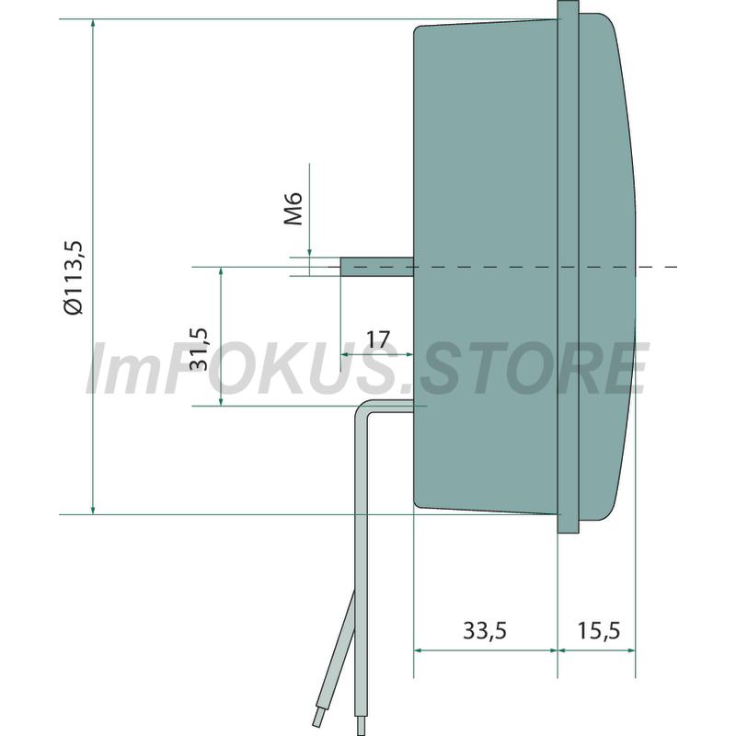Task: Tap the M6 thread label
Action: (x=293, y=209)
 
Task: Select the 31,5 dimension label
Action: (x=199, y=350)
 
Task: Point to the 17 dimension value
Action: (x=378, y=339)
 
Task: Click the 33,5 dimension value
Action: (x=485, y=630)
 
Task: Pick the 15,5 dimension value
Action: (x=599, y=630)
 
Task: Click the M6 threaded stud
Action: (x=377, y=267)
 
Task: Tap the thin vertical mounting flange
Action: (x=568, y=267)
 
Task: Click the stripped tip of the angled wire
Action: (x=316, y=718)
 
